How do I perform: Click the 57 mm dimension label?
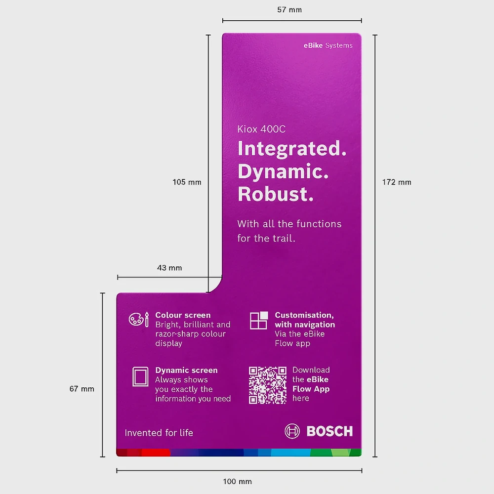289,10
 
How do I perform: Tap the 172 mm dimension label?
397,182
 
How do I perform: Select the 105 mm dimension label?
187,182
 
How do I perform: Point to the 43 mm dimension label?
169,268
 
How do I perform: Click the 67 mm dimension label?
82,389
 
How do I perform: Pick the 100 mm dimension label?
237,481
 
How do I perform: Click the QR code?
267,385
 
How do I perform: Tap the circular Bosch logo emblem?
292,431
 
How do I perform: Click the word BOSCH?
329,431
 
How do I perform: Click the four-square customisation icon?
259,321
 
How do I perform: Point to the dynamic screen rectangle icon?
140,376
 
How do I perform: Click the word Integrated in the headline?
292,148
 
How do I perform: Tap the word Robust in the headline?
276,194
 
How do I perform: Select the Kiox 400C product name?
261,129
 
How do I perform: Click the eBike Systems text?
328,45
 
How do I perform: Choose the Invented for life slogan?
159,433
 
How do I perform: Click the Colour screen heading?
183,315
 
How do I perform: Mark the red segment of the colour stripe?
156,453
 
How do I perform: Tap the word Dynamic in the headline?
283,172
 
